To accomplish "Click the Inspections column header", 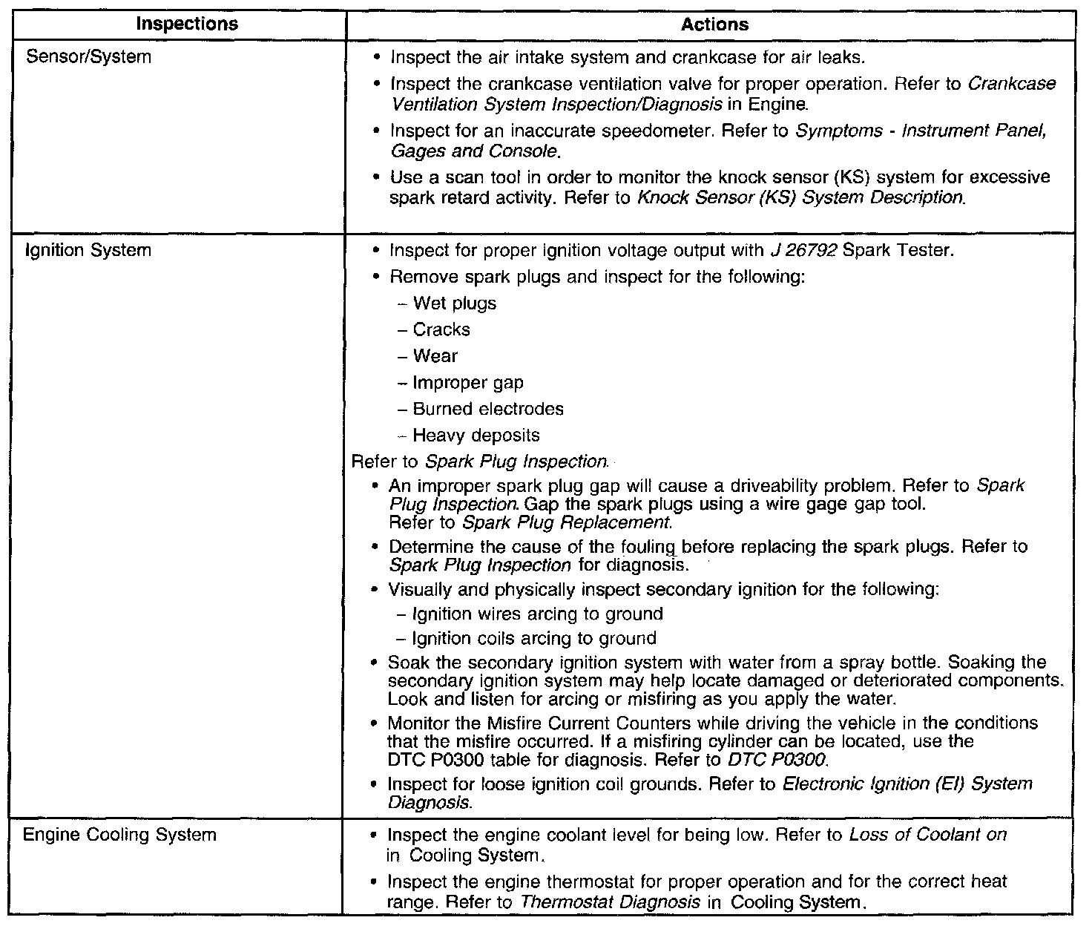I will pos(187,24).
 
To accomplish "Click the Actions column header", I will pos(714,24).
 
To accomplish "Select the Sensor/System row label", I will pos(88,56).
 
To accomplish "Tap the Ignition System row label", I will pos(88,250).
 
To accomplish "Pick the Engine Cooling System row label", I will pos(120,835).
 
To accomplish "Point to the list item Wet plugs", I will pos(454,303).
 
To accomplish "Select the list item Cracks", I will pos(441,329).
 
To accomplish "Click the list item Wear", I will pos(435,356).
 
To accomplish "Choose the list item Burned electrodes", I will pos(487,409).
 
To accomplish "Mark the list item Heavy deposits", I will pos(476,436).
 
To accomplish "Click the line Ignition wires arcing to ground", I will pos(537,614).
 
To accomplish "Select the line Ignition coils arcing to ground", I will pos(534,638).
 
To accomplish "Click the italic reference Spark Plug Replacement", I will pos(567,522).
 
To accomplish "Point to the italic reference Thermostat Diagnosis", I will pos(611,902).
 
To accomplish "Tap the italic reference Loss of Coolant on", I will pos(928,835).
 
